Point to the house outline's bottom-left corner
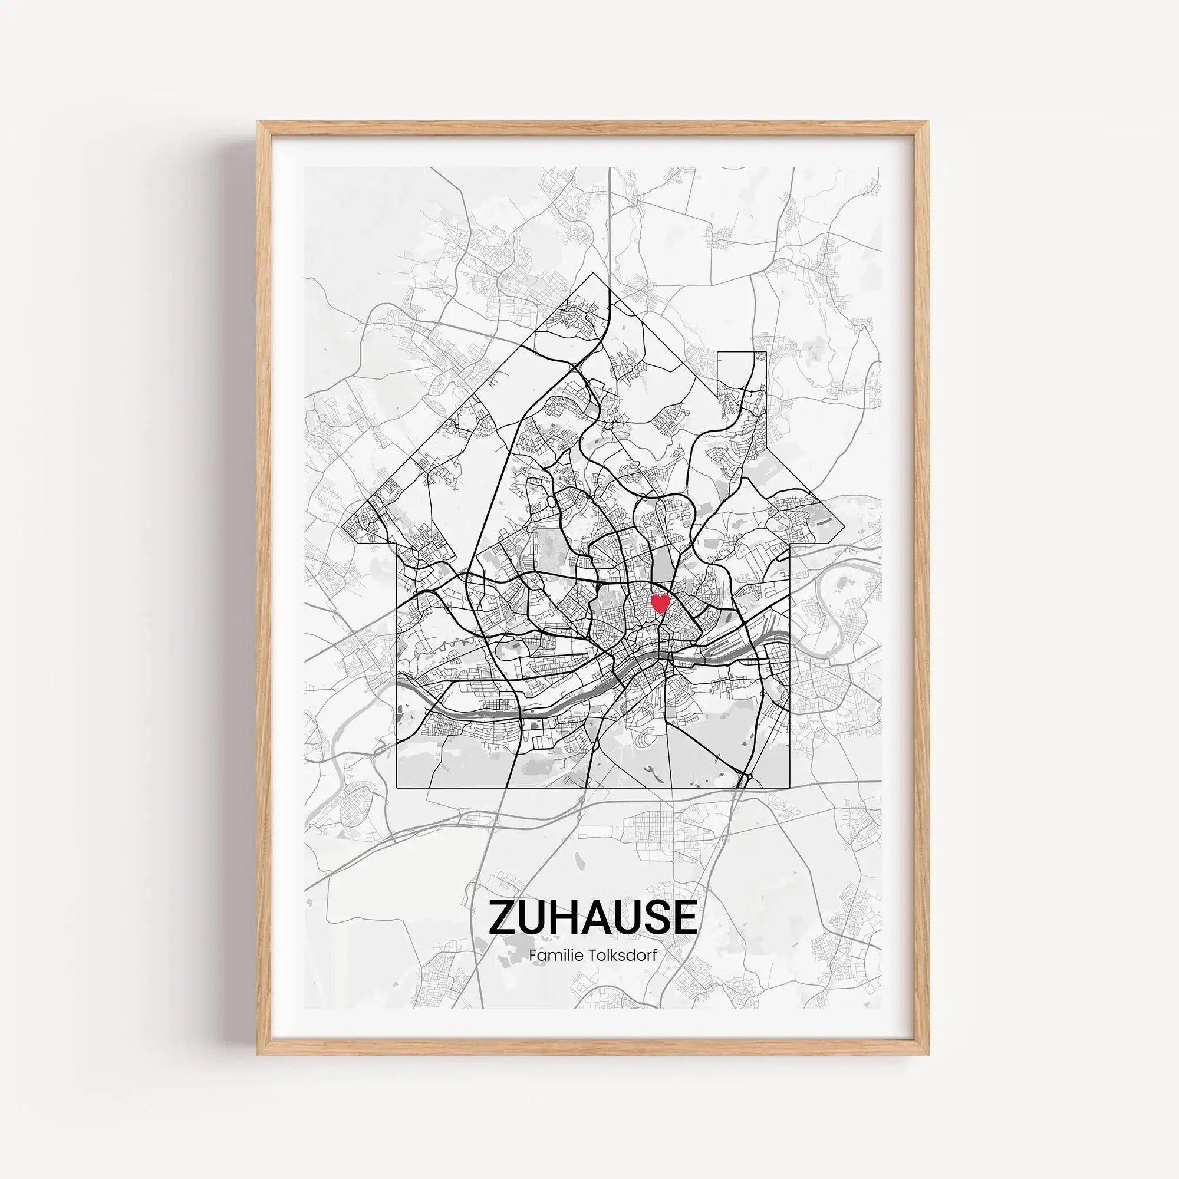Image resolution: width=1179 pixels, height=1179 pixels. [397, 788]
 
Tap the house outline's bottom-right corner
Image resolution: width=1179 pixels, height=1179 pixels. [791, 788]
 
